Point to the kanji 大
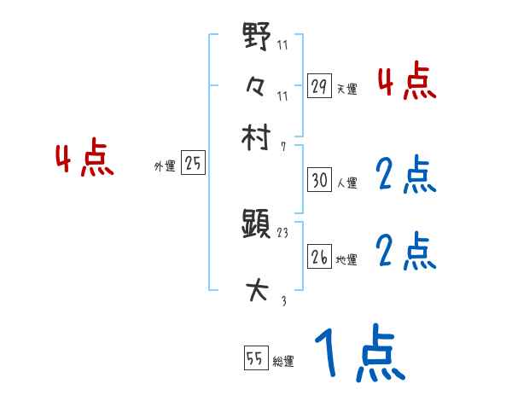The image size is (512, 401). (x=257, y=292)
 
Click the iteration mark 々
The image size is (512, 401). (x=257, y=86)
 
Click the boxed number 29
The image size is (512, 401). (x=319, y=86)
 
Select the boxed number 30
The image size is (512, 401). (x=319, y=180)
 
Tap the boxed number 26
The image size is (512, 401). (x=319, y=257)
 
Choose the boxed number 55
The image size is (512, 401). (x=254, y=359)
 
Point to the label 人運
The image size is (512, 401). (x=346, y=183)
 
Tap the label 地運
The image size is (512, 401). (x=346, y=259)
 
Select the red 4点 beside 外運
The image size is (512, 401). (x=84, y=160)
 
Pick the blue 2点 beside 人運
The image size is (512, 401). (x=406, y=176)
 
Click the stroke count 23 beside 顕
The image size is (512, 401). (x=284, y=232)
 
